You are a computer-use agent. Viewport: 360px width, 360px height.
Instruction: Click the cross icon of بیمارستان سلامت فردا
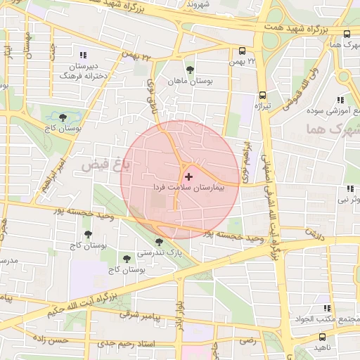pos(188,176)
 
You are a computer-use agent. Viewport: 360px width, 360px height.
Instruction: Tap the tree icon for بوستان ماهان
pos(191,69)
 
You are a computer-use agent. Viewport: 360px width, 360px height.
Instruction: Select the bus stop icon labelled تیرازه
pos(263,94)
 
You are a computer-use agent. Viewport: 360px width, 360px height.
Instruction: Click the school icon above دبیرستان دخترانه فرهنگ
pos(83,54)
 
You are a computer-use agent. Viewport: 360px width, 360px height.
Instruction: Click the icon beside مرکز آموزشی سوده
pos(341,101)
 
